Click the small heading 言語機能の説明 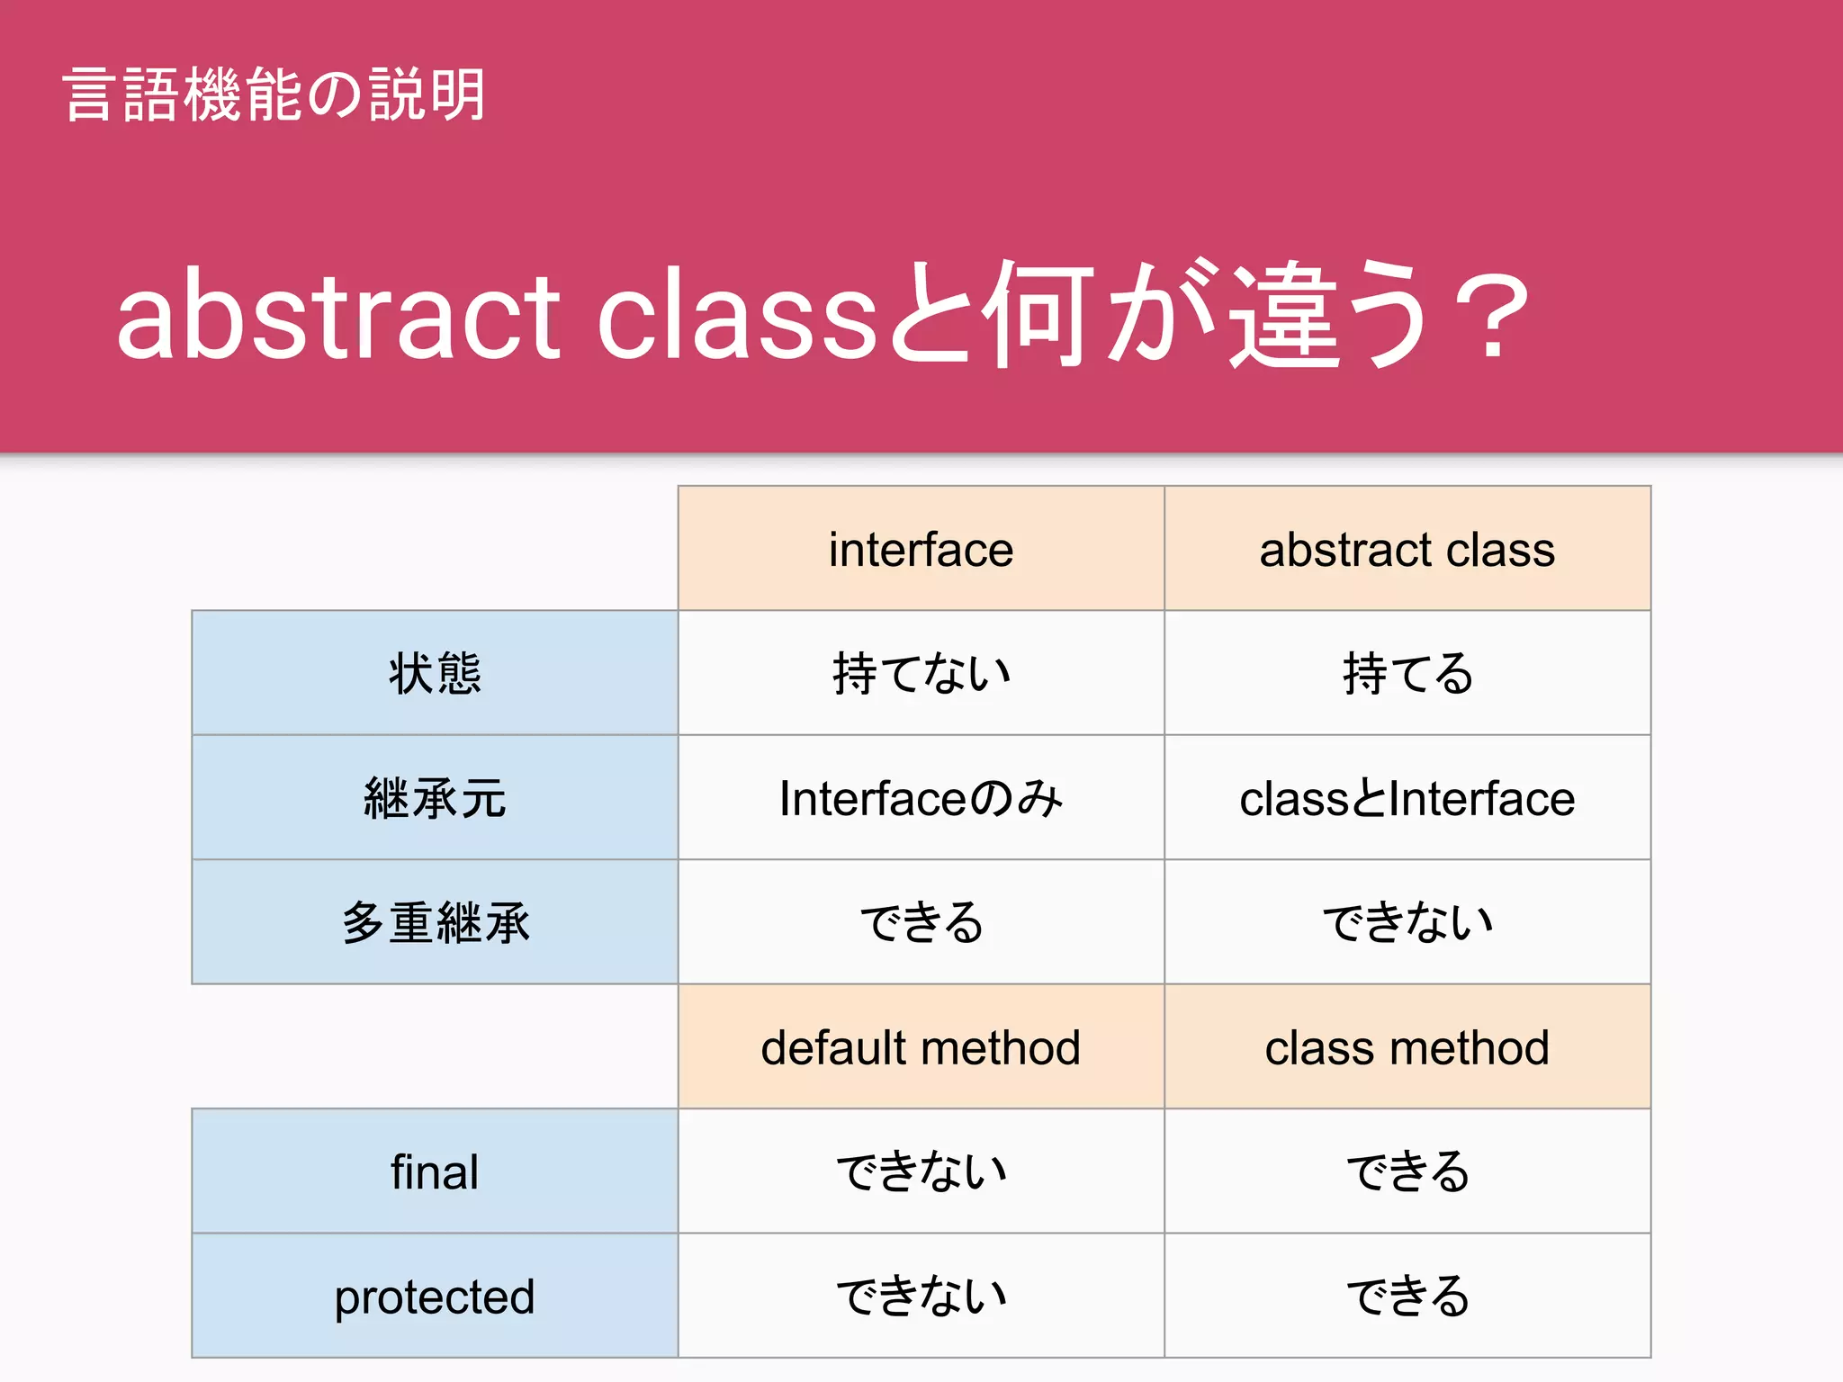coord(274,94)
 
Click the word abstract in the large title coord(338,315)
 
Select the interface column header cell coord(921,549)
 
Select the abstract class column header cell coord(1407,549)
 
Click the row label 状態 coord(435,673)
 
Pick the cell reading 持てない coord(921,673)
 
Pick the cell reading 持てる coord(1407,673)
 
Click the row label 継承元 coord(435,798)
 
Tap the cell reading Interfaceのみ coord(921,798)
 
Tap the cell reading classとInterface coord(1407,798)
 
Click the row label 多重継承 coord(435,922)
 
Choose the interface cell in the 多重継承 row coord(921,922)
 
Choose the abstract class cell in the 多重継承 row coord(1407,922)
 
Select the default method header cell coord(921,1047)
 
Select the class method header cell coord(1407,1047)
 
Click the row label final coord(435,1171)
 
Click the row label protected coord(435,1297)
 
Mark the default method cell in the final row coord(921,1171)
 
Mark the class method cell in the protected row coord(1407,1297)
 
